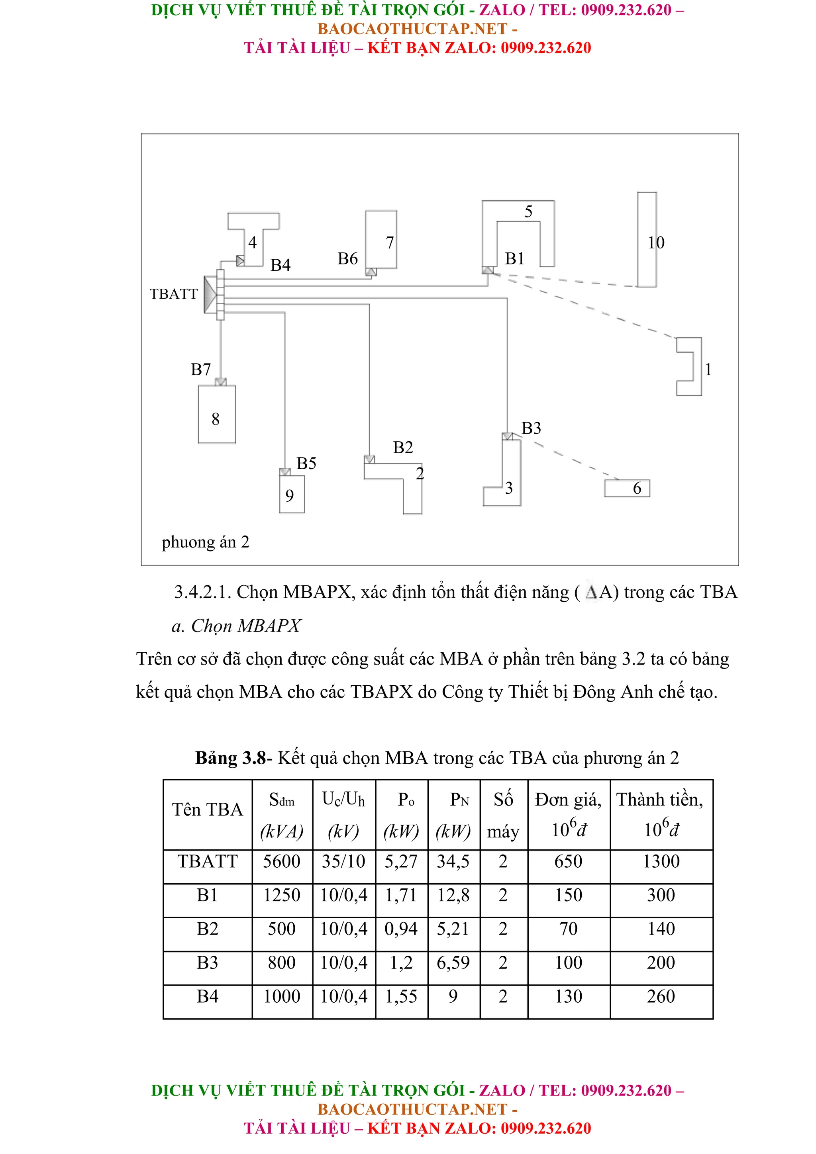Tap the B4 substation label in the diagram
(280, 265)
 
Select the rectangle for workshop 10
(647, 239)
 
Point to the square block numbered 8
(216, 414)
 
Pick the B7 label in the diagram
(200, 370)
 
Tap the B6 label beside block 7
(347, 258)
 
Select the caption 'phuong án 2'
(205, 542)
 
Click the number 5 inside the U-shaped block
(528, 211)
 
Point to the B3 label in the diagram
(531, 428)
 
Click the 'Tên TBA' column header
(207, 809)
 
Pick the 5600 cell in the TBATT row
(282, 861)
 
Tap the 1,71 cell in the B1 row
(401, 895)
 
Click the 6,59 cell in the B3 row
(453, 962)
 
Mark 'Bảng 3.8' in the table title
(230, 757)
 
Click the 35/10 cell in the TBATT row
(343, 861)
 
